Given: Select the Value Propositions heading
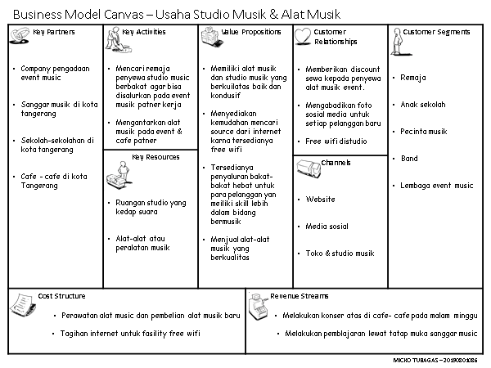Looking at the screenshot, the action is (x=249, y=32).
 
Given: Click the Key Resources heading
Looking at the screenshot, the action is (x=151, y=156).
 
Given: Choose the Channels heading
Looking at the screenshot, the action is (x=336, y=163).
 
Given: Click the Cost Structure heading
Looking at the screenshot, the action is (x=61, y=295).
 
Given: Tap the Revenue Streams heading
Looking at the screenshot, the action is (x=300, y=295).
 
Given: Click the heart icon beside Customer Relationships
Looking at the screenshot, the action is (x=303, y=34).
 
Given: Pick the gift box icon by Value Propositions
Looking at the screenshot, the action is (x=209, y=34).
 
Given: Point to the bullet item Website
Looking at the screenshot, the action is (x=320, y=200).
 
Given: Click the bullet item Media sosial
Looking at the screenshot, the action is (x=327, y=227).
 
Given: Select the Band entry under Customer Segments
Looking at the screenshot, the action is (x=409, y=159).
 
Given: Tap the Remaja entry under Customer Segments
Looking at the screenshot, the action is (x=413, y=78).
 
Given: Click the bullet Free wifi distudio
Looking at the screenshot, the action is (x=336, y=141).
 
